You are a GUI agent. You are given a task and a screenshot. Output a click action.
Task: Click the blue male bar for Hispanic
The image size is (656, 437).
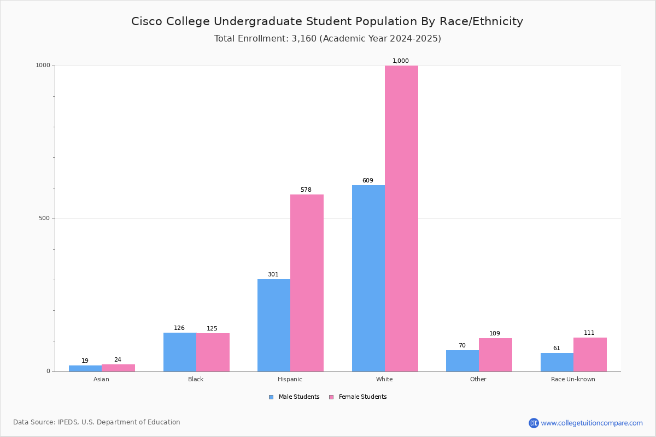pos(274,325)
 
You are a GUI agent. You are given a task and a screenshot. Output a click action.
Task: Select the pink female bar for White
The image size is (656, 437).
pos(401,218)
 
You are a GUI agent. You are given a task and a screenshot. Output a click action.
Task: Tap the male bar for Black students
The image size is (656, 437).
pos(180,352)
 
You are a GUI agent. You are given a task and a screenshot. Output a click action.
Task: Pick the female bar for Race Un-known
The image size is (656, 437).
pos(590,355)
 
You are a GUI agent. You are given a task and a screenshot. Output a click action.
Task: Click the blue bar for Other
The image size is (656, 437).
pos(462,361)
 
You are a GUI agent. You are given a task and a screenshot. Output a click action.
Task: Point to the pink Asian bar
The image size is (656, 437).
pos(118,368)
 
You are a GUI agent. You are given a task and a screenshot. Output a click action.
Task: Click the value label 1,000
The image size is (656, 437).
pos(401,61)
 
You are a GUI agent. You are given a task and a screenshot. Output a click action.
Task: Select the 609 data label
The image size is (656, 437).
pos(368,181)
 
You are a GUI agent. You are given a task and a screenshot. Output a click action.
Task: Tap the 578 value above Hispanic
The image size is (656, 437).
pos(306,190)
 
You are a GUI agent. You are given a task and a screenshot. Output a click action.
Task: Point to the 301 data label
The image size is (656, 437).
pos(273,275)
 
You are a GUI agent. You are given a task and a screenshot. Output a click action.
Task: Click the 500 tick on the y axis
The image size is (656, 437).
pos(44,218)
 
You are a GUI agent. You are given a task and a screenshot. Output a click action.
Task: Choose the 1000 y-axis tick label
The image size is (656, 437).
pos(43,66)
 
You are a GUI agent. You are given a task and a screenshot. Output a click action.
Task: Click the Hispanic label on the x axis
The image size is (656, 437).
pos(290,379)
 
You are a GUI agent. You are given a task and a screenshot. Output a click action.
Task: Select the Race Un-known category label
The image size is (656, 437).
pos(573,379)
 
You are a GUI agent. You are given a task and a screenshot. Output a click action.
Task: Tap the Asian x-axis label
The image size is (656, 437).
pos(101,379)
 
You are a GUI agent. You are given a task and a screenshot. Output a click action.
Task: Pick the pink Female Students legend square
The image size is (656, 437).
pos(331,397)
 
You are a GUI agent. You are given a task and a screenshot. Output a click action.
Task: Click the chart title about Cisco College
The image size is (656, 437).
pos(327,21)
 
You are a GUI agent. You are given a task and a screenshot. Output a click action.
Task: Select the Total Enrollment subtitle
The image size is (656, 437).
pos(327,39)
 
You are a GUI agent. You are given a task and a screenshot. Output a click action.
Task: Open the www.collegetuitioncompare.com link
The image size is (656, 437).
pos(591,423)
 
